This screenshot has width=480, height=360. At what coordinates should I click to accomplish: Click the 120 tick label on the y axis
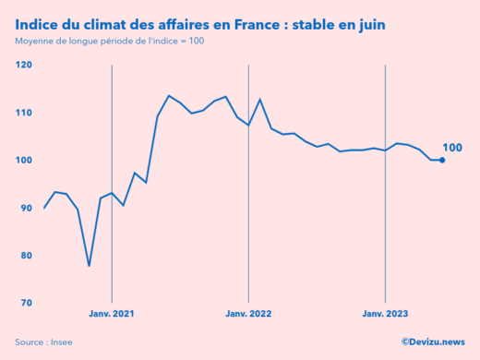(x=23, y=65)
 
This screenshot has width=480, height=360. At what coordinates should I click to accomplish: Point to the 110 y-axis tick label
(x=23, y=113)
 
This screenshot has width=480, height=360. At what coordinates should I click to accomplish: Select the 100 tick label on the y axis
(x=23, y=161)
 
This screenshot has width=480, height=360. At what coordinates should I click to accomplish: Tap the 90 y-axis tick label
(x=25, y=208)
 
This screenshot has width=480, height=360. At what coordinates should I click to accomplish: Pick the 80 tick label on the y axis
(x=25, y=256)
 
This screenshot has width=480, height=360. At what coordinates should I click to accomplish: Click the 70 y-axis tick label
(x=25, y=303)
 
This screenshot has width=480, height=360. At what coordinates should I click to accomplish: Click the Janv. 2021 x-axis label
(x=112, y=314)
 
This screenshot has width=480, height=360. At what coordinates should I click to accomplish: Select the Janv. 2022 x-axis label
(x=248, y=314)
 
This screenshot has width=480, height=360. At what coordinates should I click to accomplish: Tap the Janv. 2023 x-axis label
(x=385, y=314)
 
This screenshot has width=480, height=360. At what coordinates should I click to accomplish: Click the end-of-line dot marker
(x=442, y=160)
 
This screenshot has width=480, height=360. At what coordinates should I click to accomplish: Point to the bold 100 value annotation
(x=452, y=148)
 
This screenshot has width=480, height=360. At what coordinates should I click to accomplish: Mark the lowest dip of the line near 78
(x=90, y=266)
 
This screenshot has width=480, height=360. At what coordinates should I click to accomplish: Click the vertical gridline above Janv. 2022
(x=248, y=185)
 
